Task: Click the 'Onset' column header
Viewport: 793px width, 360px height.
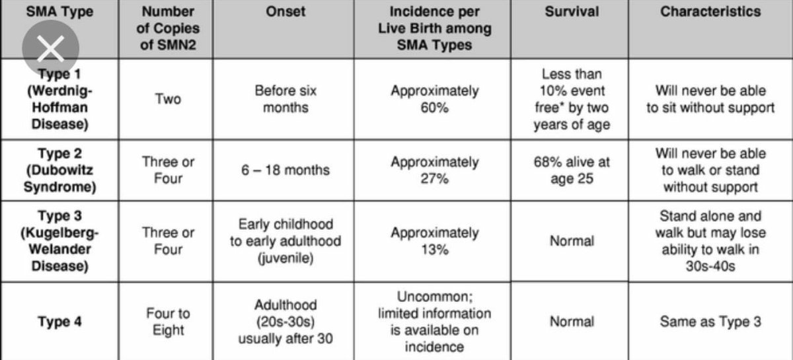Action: coord(285,13)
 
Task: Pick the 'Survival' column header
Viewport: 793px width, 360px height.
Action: coord(572,13)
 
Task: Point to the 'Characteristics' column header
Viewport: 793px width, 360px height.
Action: coord(710,13)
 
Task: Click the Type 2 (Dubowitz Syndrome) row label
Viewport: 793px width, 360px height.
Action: coord(59,170)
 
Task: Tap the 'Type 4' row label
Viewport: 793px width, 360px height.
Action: coord(59,322)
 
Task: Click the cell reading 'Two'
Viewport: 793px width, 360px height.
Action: coord(168,99)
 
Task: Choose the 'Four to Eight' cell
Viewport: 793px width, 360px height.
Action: coord(168,322)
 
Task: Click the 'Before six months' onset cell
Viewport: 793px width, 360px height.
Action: coord(285,99)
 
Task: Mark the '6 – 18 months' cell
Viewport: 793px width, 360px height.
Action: coord(285,170)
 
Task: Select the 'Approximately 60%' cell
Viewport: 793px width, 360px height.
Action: coord(434,99)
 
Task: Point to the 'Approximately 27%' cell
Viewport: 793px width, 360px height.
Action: coord(434,170)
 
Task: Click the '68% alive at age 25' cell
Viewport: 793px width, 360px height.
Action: coord(572,170)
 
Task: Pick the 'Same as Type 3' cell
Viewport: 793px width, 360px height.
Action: coord(710,322)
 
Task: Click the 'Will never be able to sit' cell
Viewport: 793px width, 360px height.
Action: coord(710,99)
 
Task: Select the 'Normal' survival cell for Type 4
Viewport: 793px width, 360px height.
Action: coord(572,322)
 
